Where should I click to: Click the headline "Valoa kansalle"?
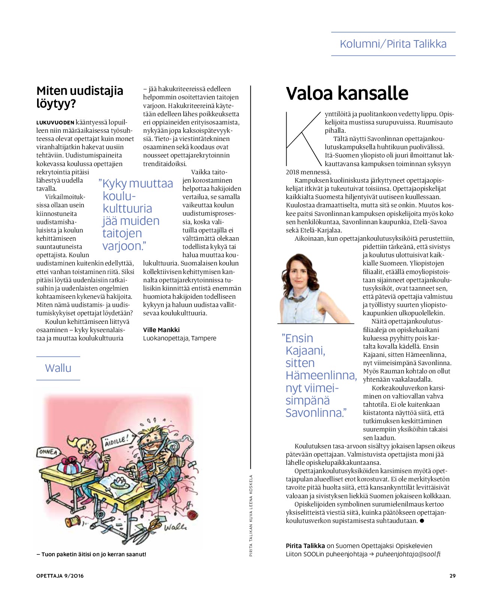coord(347,93)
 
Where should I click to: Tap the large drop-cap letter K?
coord(303,139)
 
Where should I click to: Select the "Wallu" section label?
coord(58,368)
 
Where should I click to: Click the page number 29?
coord(452,576)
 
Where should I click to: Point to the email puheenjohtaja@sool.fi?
coord(408,554)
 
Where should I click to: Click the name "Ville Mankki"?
coord(161,330)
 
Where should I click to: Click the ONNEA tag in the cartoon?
coord(48,452)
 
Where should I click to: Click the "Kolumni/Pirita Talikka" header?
coord(393,44)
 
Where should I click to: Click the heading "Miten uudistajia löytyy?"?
coord(80,97)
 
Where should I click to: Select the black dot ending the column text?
coord(422,521)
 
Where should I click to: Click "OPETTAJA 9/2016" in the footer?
coord(60,576)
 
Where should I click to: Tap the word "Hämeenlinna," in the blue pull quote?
coord(321,375)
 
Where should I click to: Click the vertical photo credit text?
coord(251,515)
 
